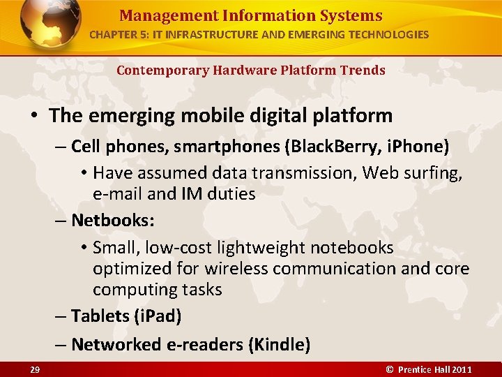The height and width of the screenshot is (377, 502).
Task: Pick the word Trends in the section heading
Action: coord(362,70)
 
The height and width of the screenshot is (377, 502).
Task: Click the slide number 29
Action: coord(34,369)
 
